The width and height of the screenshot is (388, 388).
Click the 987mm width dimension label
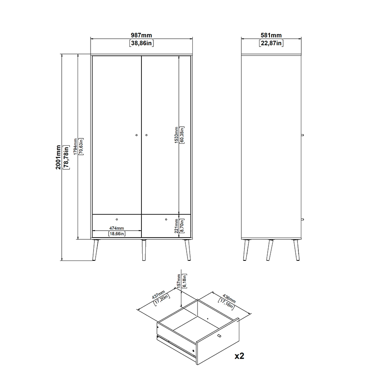tap(141, 35)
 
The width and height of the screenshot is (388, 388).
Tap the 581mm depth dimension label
tap(271, 35)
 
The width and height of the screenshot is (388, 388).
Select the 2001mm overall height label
tap(58, 157)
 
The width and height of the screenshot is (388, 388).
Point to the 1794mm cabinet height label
tap(75, 147)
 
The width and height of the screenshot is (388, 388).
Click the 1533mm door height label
tap(176, 135)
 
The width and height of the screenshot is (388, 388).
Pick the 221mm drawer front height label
tap(176, 226)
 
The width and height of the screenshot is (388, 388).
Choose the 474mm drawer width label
tap(116, 228)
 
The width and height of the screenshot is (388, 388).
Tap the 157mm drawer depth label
tap(178, 281)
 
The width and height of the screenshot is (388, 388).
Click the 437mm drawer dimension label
tap(158, 294)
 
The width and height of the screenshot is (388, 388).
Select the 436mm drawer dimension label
tap(229, 298)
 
